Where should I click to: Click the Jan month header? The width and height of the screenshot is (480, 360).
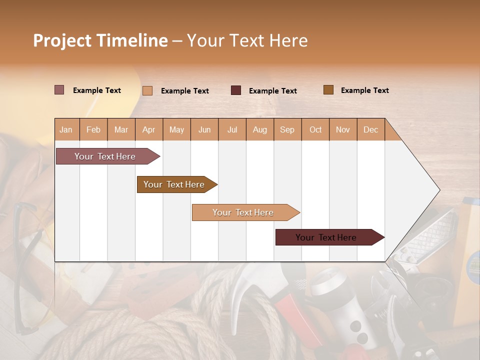(x=66, y=129)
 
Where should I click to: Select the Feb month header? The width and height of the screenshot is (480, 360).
(x=93, y=129)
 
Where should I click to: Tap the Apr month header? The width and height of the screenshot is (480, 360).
(x=148, y=129)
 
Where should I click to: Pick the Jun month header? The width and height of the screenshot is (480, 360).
(x=204, y=129)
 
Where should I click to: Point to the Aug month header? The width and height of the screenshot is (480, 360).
(x=259, y=129)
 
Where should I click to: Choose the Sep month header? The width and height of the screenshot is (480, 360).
(x=287, y=129)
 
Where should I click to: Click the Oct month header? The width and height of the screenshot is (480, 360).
(x=315, y=129)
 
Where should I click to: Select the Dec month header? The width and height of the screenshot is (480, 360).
(x=370, y=129)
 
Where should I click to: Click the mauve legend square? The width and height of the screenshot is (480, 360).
(x=59, y=90)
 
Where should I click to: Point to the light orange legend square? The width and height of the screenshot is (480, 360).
(x=147, y=90)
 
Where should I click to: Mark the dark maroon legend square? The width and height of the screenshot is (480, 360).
(x=236, y=90)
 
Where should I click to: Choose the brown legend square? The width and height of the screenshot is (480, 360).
(x=328, y=90)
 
